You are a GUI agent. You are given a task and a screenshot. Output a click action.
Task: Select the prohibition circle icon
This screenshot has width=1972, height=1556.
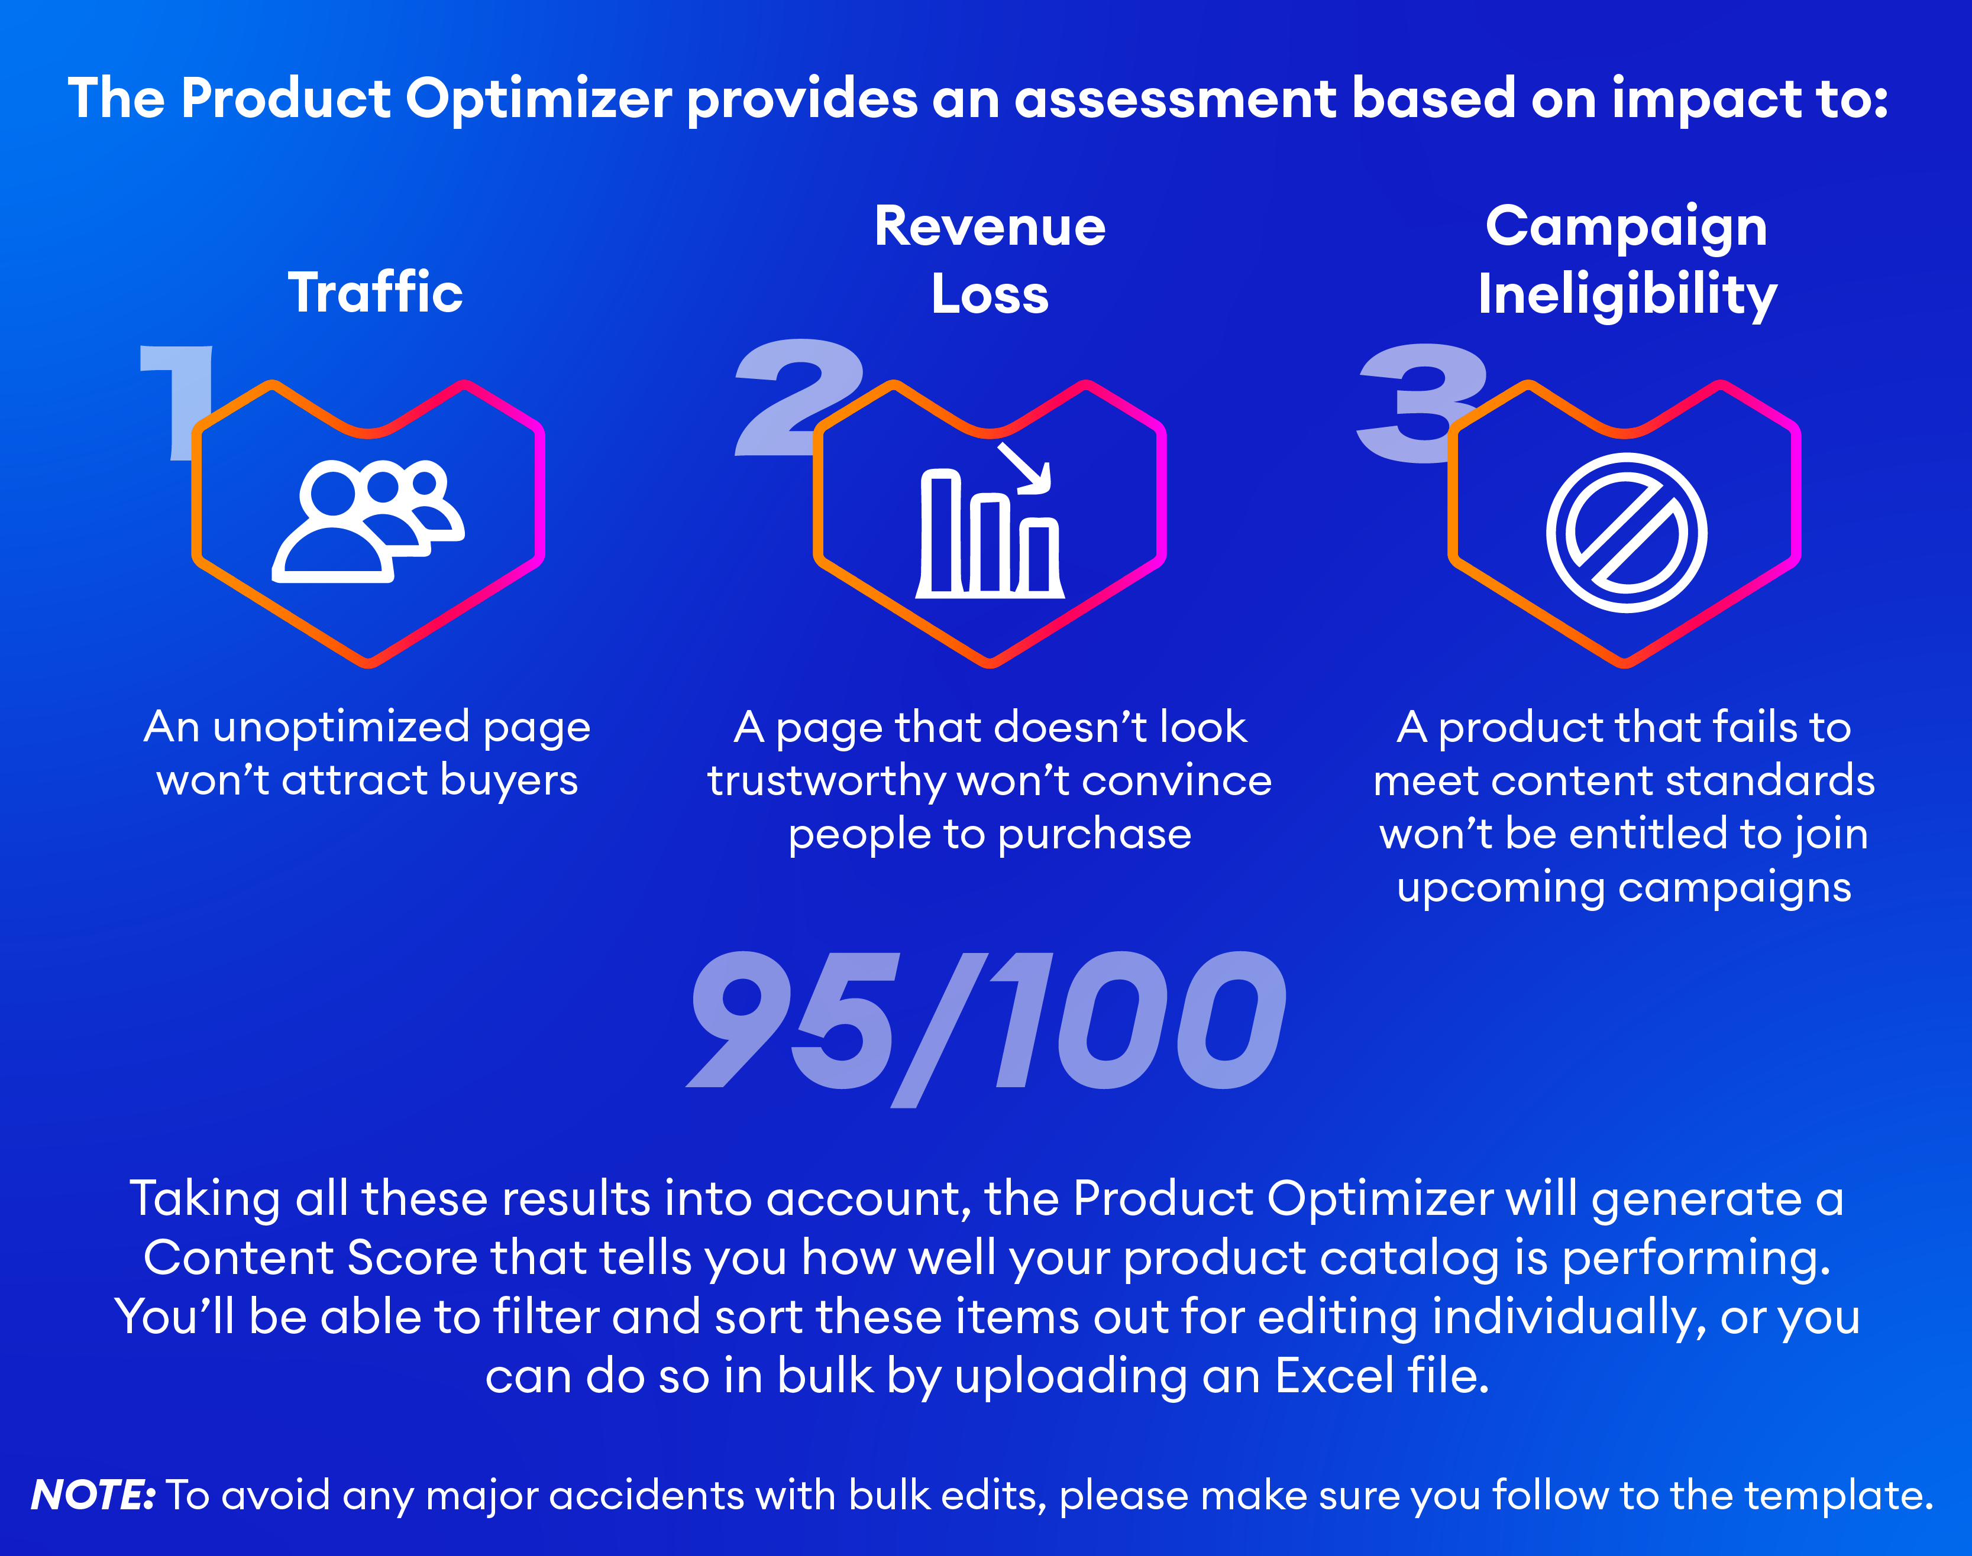coord(1626,533)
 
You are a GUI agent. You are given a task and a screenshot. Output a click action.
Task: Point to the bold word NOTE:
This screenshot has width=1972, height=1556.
coord(93,1495)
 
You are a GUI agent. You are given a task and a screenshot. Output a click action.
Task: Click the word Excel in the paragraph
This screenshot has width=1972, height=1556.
coord(1334,1376)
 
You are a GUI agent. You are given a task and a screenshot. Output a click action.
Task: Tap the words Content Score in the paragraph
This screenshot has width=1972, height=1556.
coord(310,1258)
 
